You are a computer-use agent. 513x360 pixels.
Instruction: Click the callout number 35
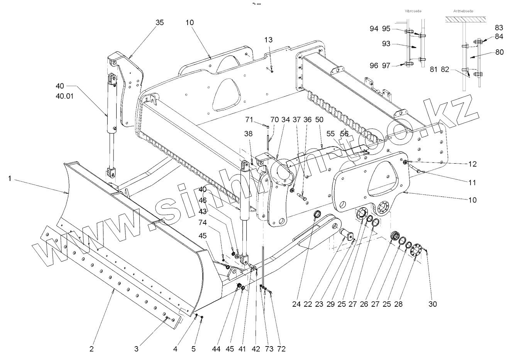pos(159,23)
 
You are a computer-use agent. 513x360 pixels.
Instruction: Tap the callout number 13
pos(269,40)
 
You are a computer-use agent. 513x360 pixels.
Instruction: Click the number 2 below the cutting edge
pos(91,349)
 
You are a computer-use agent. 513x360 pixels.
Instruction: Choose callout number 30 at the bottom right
pos(433,304)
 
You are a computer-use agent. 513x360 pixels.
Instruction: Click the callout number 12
pos(472,164)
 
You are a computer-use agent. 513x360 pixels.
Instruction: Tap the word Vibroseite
pos(413,11)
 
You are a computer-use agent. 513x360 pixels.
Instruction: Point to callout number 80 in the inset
pos(499,52)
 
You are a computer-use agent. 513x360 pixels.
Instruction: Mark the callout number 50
pos(319,120)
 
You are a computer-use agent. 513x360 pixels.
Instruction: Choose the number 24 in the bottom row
pos(296,304)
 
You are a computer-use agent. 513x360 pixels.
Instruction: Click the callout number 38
pos(248,134)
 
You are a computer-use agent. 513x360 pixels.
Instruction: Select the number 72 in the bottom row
pos(281,349)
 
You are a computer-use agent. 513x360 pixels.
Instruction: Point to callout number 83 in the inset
pos(499,28)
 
